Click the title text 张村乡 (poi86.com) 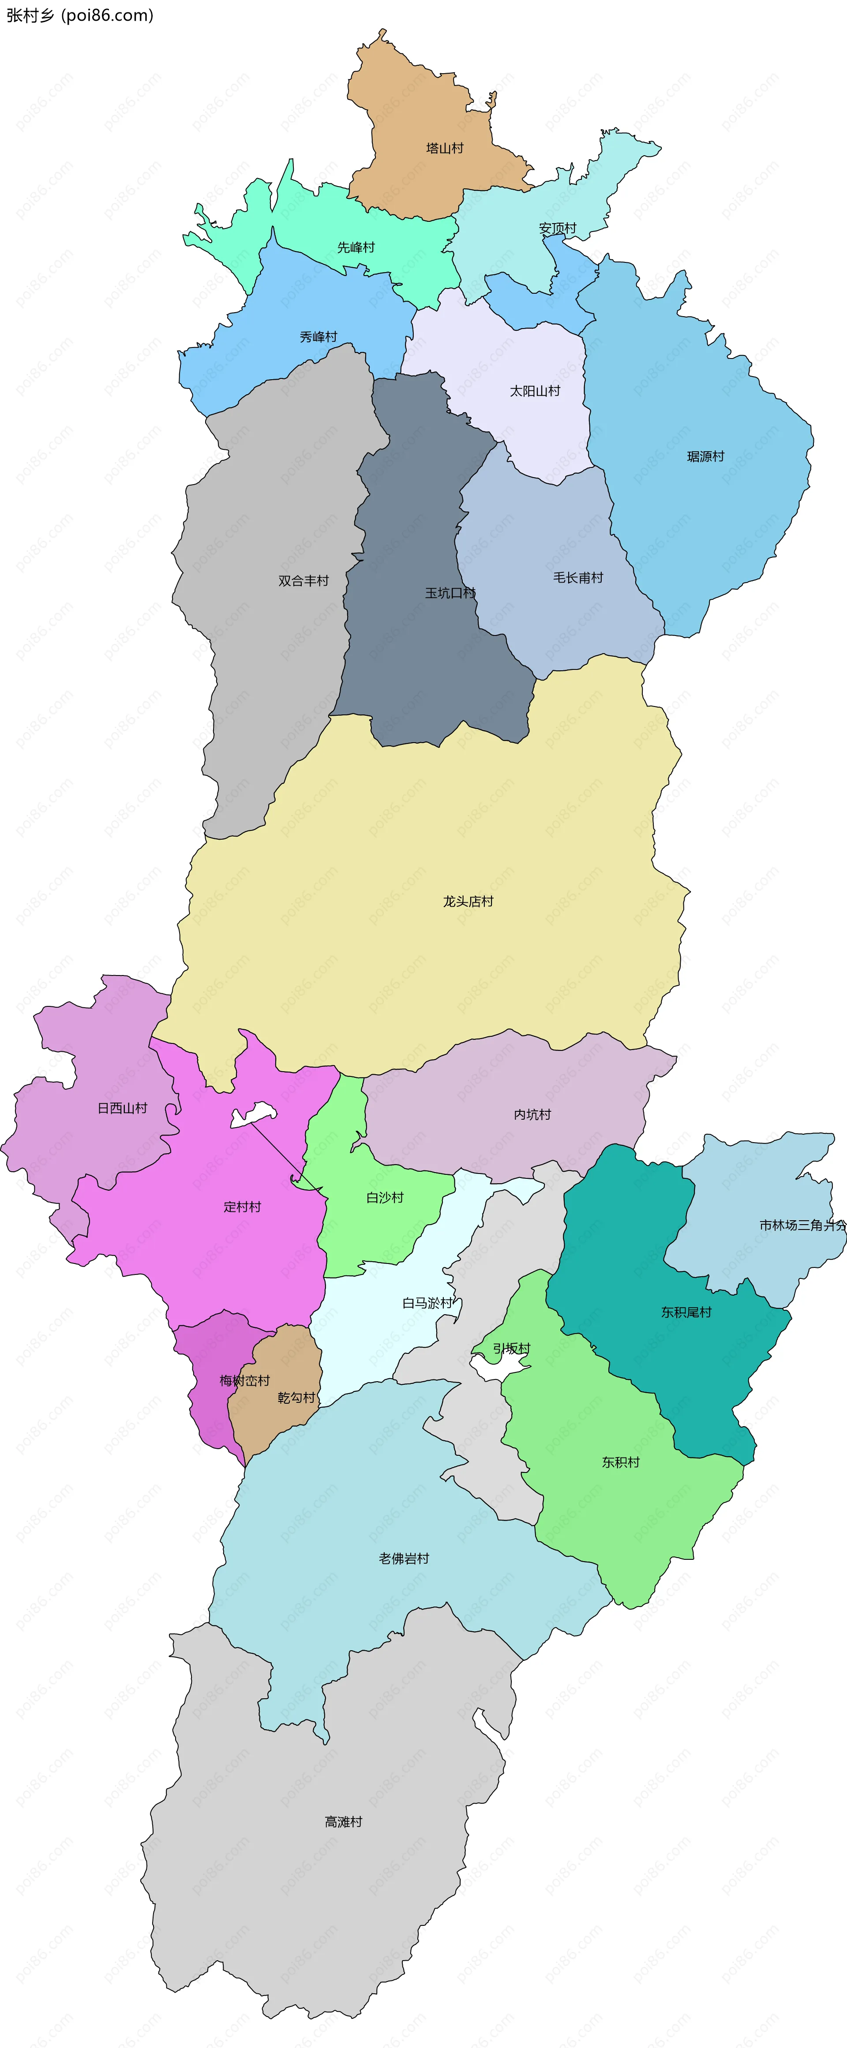pyautogui.click(x=79, y=15)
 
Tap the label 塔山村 pyautogui.click(x=445, y=148)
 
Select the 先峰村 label pyautogui.click(x=356, y=247)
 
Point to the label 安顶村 pyautogui.click(x=558, y=228)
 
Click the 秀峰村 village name pyautogui.click(x=318, y=337)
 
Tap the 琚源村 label pyautogui.click(x=705, y=456)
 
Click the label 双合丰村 pyautogui.click(x=303, y=581)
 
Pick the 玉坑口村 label pyautogui.click(x=450, y=593)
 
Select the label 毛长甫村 pyautogui.click(x=578, y=578)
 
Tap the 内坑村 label pyautogui.click(x=532, y=1115)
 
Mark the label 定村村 pyautogui.click(x=242, y=1207)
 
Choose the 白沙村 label pyautogui.click(x=385, y=1197)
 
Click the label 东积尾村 pyautogui.click(x=686, y=1312)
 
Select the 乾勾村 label pyautogui.click(x=296, y=1398)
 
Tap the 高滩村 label pyautogui.click(x=344, y=1821)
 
